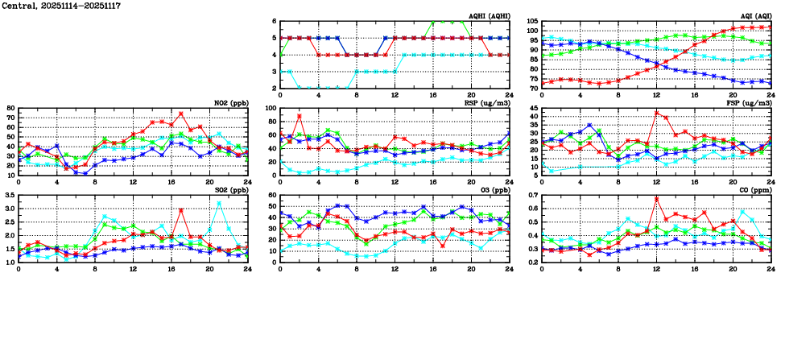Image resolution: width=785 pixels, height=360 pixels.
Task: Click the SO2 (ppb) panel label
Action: point(231,190)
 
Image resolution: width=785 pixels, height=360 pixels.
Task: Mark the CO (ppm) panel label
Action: point(754,190)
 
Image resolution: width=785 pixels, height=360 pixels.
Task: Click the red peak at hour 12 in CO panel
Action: point(656,199)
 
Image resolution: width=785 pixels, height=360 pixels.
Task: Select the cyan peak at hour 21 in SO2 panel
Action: point(219,204)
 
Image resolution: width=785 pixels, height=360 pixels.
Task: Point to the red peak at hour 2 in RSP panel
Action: point(300,116)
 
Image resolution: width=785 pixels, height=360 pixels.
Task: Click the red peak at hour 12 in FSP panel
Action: point(656,112)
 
